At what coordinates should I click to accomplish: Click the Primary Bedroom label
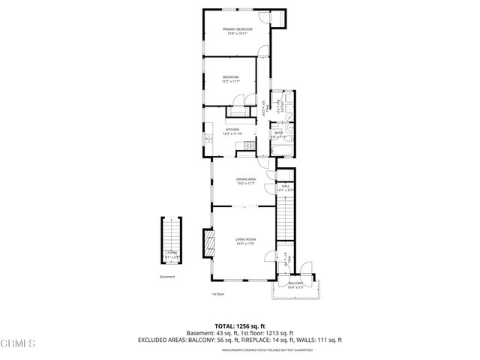(x=237, y=29)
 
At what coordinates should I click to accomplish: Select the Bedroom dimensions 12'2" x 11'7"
(x=230, y=82)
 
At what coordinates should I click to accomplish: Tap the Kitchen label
(x=232, y=130)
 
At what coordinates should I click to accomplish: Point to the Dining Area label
(x=246, y=179)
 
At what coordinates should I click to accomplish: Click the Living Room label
(x=246, y=239)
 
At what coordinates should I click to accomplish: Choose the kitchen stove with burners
(x=245, y=153)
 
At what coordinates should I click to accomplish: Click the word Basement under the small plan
(x=167, y=277)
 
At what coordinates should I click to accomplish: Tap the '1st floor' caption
(x=217, y=294)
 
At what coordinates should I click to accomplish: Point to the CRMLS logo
(x=19, y=344)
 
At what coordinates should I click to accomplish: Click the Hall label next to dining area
(x=285, y=186)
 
